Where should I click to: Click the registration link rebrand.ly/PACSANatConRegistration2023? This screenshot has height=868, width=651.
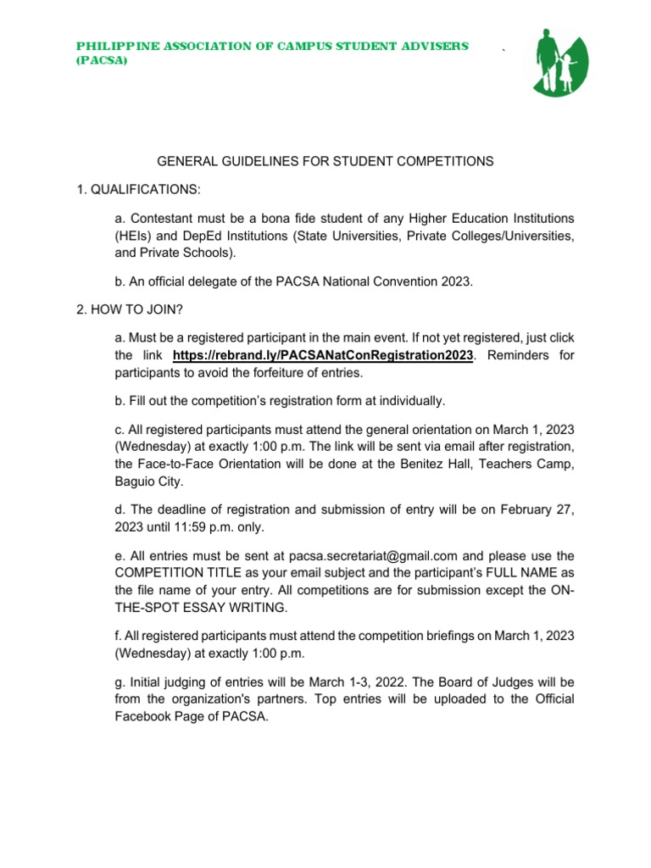pos(322,356)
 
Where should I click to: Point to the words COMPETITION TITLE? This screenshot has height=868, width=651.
pos(178,573)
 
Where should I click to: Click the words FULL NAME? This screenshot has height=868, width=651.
pos(511,573)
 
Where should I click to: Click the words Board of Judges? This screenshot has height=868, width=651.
pos(474,682)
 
